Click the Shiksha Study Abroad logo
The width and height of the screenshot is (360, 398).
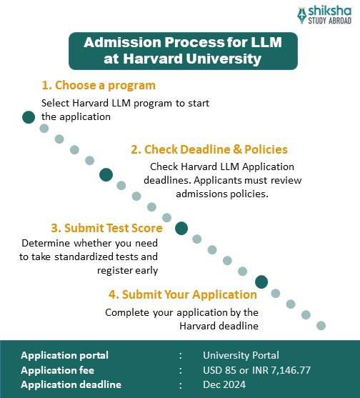tap(324, 15)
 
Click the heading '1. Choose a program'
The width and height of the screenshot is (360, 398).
tap(98, 86)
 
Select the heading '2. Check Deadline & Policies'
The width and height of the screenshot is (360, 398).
tap(209, 149)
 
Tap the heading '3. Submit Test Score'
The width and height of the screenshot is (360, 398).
tap(106, 229)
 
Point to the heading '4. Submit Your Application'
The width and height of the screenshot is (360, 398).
tap(182, 294)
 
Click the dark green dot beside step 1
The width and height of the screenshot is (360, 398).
tap(28, 117)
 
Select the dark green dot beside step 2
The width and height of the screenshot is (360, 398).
tap(106, 174)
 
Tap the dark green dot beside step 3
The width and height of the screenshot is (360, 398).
tap(181, 229)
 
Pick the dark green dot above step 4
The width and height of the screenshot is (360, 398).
tap(261, 282)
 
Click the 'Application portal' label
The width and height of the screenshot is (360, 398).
tap(64, 355)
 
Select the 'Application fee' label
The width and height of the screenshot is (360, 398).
tap(57, 370)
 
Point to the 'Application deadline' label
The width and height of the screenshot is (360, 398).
tap(71, 385)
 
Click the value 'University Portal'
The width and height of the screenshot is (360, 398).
tap(241, 355)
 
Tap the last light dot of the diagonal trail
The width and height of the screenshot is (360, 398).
tap(321, 325)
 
